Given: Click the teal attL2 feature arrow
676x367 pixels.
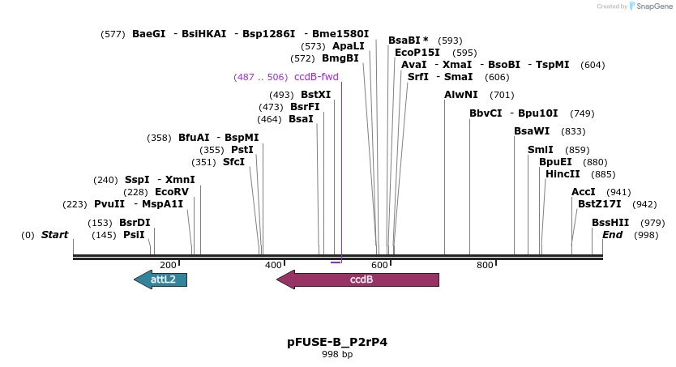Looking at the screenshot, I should coord(161,280).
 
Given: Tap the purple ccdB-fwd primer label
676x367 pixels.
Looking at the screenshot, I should coord(316,77).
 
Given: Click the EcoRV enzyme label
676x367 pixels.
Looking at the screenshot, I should coord(171,192).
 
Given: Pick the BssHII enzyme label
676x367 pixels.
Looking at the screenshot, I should coord(610,223).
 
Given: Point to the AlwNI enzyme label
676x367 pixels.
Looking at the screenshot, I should coord(461,95).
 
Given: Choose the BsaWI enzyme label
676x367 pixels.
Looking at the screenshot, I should coord(532,131).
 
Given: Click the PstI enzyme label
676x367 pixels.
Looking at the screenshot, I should coord(242,150).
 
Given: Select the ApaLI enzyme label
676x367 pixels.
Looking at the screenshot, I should coord(349,46).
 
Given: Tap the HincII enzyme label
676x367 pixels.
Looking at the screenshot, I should coord(563,173).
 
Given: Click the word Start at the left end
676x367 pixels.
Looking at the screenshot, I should coord(55,235).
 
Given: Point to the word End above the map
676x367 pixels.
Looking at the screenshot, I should coord(612,235).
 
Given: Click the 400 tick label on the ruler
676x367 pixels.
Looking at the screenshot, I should coord(274,265).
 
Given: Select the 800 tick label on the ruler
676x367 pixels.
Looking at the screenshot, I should coord(485,265).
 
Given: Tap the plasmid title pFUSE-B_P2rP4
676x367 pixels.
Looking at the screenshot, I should coord(337,342).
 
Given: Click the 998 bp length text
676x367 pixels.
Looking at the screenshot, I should coord(337,354).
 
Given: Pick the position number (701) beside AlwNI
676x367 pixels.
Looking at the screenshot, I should coord(502,95).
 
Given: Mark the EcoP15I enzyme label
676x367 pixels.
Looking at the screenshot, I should coord(417,53).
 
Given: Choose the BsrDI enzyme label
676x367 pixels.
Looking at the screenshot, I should coord(135,223).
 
